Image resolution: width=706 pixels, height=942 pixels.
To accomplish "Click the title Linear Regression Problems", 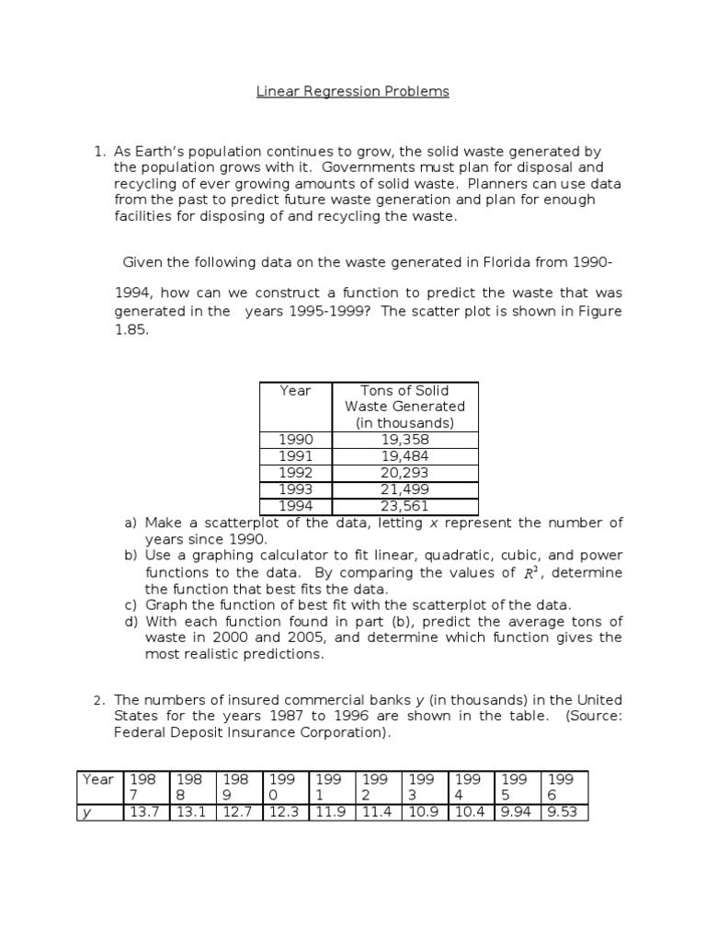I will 352,92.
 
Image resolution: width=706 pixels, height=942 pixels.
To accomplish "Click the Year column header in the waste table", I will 295,391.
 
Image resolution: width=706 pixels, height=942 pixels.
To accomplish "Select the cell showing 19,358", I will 404,440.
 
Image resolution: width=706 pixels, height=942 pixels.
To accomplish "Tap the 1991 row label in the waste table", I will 295,456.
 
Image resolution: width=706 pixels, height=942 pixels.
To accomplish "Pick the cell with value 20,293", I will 404,473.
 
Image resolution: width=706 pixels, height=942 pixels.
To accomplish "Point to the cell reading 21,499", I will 404,489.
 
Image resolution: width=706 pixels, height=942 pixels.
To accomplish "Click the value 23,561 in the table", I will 404,506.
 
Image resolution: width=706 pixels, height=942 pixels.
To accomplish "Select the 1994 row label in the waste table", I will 295,506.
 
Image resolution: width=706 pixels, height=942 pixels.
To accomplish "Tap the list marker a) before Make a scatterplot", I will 131,523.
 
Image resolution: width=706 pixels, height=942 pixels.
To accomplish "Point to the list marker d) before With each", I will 131,621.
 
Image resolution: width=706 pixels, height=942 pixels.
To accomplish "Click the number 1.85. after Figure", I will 131,327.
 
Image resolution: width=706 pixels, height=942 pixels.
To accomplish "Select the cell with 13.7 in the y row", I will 145,812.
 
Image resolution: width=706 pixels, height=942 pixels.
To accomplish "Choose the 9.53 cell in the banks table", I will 562,812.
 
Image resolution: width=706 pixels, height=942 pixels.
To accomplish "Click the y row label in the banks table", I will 87,812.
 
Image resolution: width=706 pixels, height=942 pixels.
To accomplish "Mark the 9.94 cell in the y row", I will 516,812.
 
